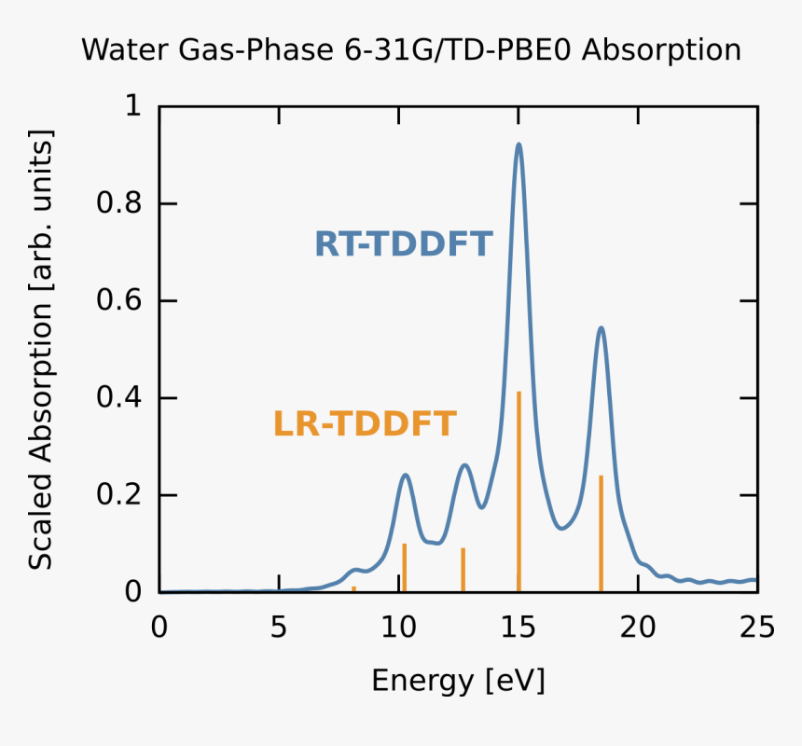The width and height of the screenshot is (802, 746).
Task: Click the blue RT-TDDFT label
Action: click(403, 244)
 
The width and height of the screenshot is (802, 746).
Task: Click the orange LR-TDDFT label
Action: click(365, 424)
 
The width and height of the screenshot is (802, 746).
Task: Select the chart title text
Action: click(411, 49)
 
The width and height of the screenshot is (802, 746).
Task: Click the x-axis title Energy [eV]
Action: click(458, 680)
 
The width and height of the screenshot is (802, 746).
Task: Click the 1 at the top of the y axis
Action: click(132, 107)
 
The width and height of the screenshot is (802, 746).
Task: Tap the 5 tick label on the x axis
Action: click(279, 627)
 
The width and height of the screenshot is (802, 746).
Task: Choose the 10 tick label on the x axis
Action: click(398, 627)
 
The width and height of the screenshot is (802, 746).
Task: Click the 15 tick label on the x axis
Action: click(519, 627)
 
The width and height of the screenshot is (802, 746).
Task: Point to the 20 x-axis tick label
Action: click(638, 627)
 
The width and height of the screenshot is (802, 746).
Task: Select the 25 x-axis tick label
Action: click(756, 627)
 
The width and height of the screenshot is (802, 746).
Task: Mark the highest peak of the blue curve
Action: click(519, 145)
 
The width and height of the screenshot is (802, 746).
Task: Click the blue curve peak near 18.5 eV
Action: click(601, 328)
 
